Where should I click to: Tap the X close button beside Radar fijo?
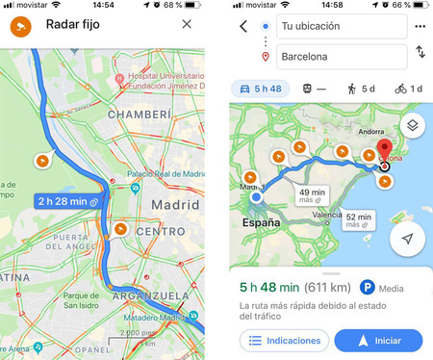pyautogui.click(x=187, y=24)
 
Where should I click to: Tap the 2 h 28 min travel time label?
pyautogui.click(x=64, y=201)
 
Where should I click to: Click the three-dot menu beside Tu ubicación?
pyautogui.click(x=420, y=26)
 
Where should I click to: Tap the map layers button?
pyautogui.click(x=411, y=125)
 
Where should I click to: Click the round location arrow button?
pyautogui.click(x=408, y=237)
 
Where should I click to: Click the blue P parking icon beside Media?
pyautogui.click(x=367, y=286)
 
